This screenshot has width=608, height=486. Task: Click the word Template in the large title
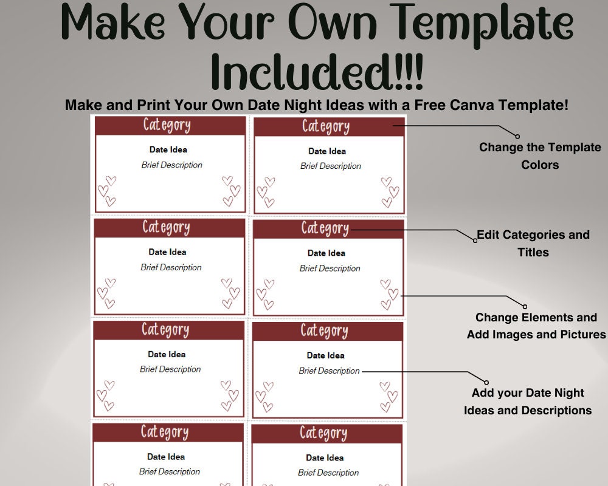pyautogui.click(x=485, y=24)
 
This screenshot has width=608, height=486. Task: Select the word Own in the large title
pyautogui.click(x=333, y=21)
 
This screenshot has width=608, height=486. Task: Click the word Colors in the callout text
pyautogui.click(x=540, y=165)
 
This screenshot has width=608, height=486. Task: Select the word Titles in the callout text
pyautogui.click(x=533, y=252)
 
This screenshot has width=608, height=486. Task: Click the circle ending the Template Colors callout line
pyautogui.click(x=517, y=136)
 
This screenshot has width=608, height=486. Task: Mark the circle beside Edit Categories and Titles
pyautogui.click(x=475, y=241)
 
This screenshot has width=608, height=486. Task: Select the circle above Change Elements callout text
pyautogui.click(x=525, y=307)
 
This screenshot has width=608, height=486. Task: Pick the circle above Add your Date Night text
pyautogui.click(x=486, y=383)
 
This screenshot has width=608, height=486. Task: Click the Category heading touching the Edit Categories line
pyautogui.click(x=325, y=228)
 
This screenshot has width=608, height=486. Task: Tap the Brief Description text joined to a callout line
pyautogui.click(x=329, y=371)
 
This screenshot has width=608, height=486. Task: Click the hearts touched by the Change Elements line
pyautogui.click(x=389, y=295)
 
